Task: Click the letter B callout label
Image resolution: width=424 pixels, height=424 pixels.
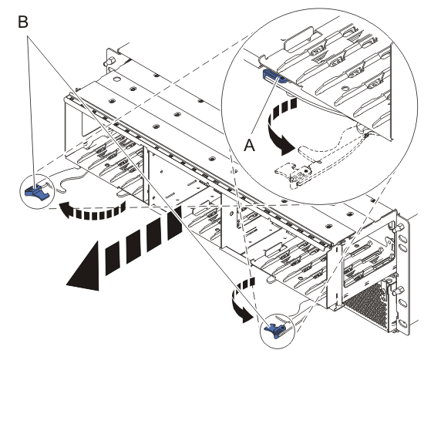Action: [x=22, y=22]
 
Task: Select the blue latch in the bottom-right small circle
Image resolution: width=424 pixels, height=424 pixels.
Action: [x=274, y=331]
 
